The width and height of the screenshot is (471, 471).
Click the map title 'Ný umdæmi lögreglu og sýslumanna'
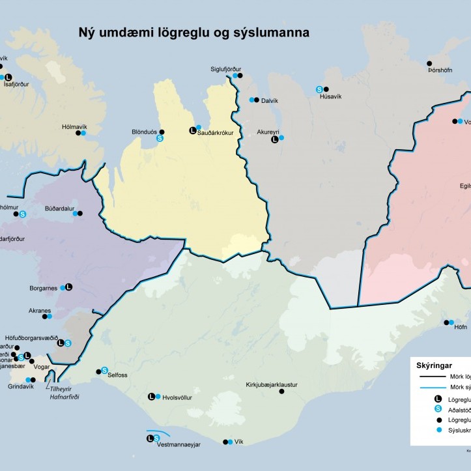(193, 32)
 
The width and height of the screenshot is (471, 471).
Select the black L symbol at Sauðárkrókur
(192, 130)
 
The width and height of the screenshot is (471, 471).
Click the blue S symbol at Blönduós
(160, 138)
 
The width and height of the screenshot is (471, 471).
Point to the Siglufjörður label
(225, 68)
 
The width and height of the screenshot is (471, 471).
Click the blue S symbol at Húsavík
(319, 89)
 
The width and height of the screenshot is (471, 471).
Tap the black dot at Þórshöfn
(430, 63)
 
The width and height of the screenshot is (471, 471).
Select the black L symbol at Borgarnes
(69, 287)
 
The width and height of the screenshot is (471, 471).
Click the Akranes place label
(39, 311)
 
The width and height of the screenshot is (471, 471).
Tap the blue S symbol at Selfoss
(104, 370)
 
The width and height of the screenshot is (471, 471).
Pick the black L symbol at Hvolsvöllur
(151, 396)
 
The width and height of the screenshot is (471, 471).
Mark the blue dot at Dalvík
(252, 100)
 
